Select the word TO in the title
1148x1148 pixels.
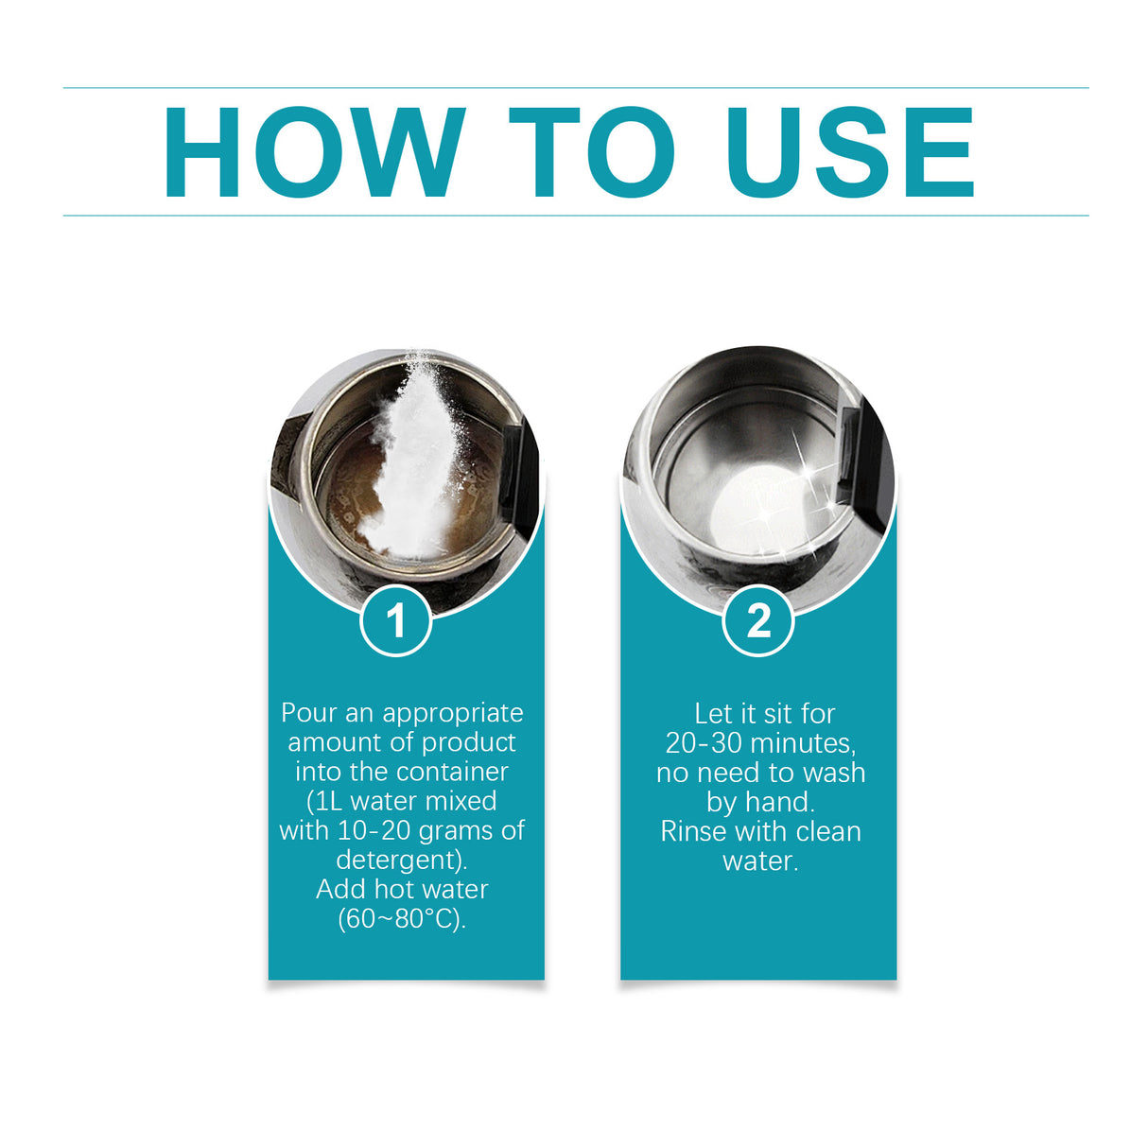592,152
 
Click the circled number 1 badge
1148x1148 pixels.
396,621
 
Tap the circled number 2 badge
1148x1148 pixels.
758,621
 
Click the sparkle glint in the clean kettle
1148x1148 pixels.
809,472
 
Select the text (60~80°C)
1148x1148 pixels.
402,918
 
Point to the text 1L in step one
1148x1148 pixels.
327,801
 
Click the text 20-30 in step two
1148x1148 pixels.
704,742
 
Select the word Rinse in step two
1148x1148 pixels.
693,831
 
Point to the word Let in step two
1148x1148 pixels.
712,713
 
